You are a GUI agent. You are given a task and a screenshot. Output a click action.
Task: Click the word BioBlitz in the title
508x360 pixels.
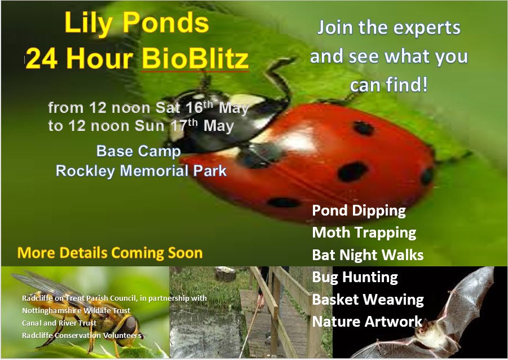(x=195, y=59)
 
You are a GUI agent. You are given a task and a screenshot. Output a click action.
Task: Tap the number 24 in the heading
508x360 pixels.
(x=42, y=59)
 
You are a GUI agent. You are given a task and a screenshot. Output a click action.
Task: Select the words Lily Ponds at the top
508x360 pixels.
(x=136, y=23)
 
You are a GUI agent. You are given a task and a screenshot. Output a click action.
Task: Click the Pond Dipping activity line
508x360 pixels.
(x=359, y=211)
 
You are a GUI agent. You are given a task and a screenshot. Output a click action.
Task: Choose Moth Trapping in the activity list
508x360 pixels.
(x=364, y=233)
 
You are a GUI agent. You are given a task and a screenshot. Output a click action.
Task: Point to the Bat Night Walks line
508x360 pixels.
(x=368, y=255)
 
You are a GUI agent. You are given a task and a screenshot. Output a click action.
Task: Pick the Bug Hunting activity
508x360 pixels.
(x=355, y=277)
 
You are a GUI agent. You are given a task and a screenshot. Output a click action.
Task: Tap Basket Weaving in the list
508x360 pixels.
(x=368, y=300)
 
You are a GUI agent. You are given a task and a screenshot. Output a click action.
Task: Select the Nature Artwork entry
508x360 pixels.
(x=367, y=322)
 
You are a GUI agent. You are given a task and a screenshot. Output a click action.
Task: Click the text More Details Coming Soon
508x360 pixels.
(x=110, y=253)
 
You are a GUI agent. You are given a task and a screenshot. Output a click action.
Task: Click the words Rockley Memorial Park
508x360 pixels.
(x=141, y=171)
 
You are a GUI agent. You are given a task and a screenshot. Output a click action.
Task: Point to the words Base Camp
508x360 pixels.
(x=138, y=151)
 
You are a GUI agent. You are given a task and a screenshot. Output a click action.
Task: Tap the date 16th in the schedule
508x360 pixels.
(x=199, y=107)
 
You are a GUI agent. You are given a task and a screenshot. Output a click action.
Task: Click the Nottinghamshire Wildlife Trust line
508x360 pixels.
(x=76, y=311)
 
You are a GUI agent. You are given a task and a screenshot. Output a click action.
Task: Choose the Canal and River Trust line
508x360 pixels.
(x=59, y=323)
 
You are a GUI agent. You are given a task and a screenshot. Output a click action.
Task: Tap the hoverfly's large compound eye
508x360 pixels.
(x=130, y=324)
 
